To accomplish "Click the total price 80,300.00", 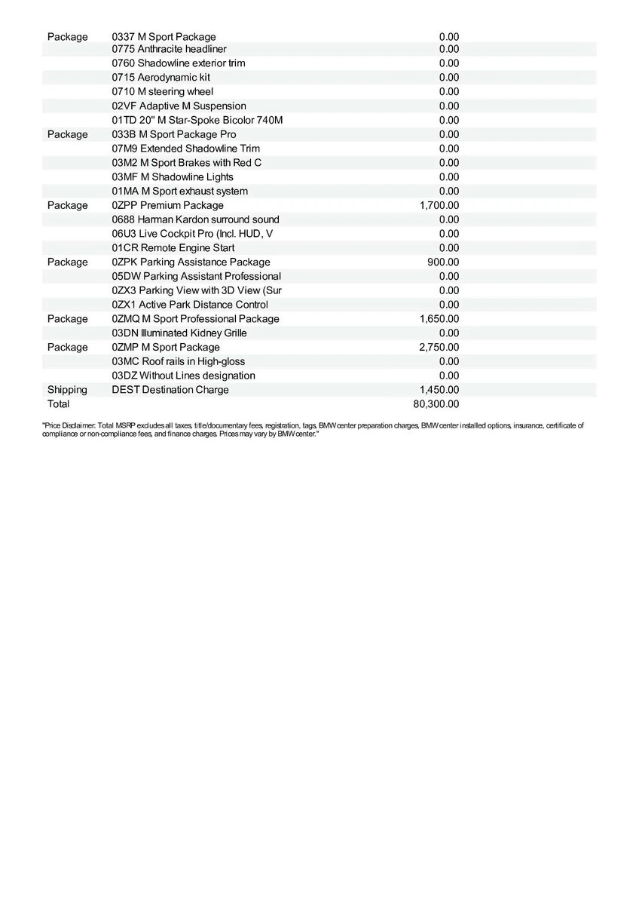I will click(x=436, y=404).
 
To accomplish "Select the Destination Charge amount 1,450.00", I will click(x=439, y=390).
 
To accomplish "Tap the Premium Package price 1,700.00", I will click(x=439, y=205).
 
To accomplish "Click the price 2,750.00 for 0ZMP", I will click(x=439, y=347).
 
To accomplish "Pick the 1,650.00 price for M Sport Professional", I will click(x=439, y=319).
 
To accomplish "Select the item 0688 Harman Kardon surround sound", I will click(x=195, y=219).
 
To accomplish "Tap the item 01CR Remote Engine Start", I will click(x=173, y=248).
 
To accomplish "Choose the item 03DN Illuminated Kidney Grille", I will click(x=179, y=333).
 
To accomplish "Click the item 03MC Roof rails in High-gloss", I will click(x=179, y=361).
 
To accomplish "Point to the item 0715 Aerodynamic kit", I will click(x=161, y=77).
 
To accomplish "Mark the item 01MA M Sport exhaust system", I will click(x=180, y=192).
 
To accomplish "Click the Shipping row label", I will click(x=67, y=390).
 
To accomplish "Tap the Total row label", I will click(x=58, y=404).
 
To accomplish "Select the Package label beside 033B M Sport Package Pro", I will click(x=67, y=134).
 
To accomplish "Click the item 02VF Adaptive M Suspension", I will click(x=179, y=106).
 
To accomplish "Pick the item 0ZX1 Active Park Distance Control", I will click(x=190, y=305).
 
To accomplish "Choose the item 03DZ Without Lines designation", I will click(x=183, y=376).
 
